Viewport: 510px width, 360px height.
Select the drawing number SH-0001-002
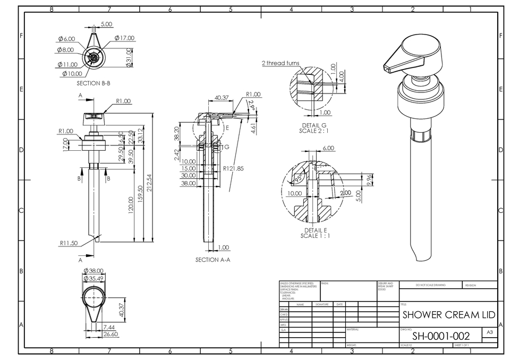point(440,336)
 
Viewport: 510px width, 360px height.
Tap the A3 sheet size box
point(489,332)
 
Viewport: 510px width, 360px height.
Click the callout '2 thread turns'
point(280,63)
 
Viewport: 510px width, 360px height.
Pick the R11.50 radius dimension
point(68,243)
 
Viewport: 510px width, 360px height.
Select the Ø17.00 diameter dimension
point(124,38)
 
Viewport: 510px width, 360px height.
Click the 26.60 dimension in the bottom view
point(110,335)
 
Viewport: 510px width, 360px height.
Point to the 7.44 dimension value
point(109,327)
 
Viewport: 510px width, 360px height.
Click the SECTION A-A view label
point(212,260)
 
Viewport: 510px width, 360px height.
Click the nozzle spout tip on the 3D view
point(386,67)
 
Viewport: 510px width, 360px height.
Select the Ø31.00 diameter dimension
point(129,55)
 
